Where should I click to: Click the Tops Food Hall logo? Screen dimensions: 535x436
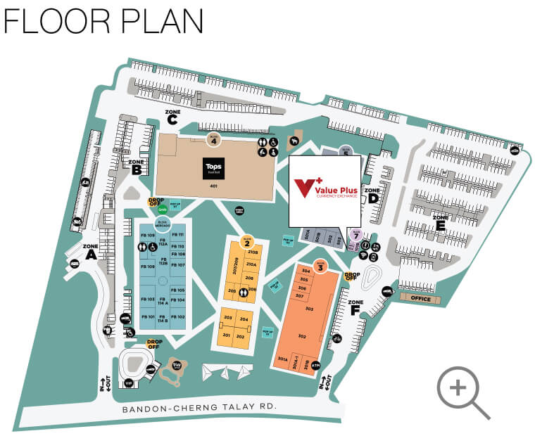(x=213, y=167)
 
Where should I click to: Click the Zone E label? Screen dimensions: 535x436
(x=440, y=222)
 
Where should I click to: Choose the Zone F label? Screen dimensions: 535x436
(x=355, y=306)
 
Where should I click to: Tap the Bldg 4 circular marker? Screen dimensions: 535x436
(x=213, y=139)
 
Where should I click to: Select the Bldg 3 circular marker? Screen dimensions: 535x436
(x=321, y=266)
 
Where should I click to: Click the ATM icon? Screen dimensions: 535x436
(x=315, y=366)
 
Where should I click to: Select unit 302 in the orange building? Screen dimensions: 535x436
(x=302, y=337)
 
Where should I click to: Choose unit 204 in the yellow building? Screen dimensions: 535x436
(x=244, y=319)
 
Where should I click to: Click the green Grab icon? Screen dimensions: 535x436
(x=162, y=209)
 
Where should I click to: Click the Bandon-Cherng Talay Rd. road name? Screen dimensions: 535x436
(x=199, y=408)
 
